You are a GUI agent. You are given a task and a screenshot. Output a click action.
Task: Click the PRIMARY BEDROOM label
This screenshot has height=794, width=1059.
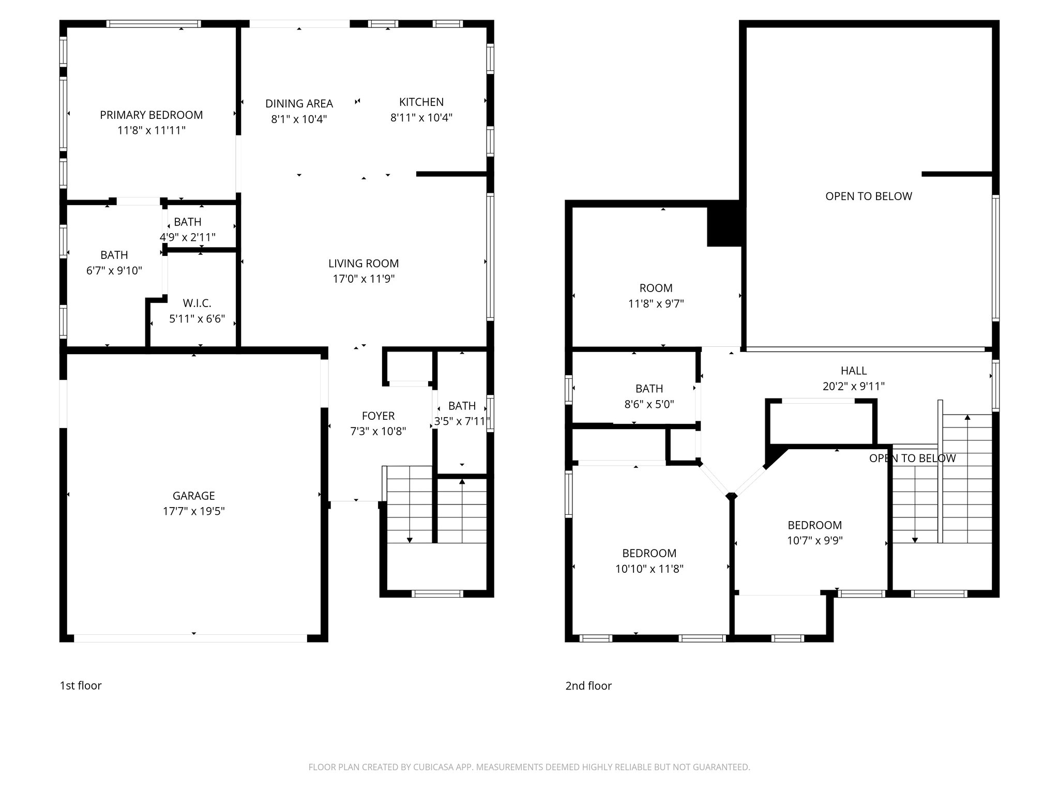click(x=151, y=115)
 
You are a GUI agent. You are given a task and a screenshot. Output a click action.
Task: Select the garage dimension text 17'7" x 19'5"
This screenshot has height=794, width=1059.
click(x=193, y=511)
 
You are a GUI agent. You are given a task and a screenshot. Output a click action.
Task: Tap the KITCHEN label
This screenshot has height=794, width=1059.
click(x=421, y=102)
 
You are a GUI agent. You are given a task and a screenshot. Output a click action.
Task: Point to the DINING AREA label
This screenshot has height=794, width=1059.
click(x=299, y=103)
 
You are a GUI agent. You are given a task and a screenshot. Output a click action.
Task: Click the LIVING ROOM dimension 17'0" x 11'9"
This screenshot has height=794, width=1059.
click(x=364, y=279)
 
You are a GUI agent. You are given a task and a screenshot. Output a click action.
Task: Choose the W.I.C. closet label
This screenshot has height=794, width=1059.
click(x=197, y=303)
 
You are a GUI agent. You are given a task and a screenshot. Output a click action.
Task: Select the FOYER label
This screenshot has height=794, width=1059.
click(x=378, y=416)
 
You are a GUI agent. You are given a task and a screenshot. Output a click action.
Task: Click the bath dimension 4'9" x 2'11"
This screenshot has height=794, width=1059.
click(x=187, y=237)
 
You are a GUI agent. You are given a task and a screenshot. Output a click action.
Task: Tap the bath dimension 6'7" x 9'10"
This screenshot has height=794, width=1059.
click(x=114, y=270)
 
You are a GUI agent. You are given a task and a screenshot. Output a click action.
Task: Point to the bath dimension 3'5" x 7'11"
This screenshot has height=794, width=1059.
click(x=462, y=421)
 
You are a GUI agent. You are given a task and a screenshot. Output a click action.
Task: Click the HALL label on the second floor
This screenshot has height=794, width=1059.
click(x=853, y=371)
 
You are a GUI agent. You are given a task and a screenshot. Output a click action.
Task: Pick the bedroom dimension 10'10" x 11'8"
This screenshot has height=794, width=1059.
click(x=649, y=569)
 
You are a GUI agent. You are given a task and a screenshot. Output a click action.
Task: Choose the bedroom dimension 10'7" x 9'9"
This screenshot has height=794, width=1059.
click(x=814, y=541)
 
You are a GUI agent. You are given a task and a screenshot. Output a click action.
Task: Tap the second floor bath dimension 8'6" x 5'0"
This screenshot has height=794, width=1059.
click(x=649, y=404)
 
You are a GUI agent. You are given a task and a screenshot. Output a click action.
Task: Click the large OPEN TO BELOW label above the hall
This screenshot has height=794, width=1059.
click(x=868, y=196)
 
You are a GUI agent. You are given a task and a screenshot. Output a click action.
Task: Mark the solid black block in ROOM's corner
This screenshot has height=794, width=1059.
click(x=724, y=224)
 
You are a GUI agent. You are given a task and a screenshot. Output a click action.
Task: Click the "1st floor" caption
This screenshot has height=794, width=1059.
click(x=81, y=685)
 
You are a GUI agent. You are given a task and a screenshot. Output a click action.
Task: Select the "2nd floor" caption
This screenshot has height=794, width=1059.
click(x=588, y=686)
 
